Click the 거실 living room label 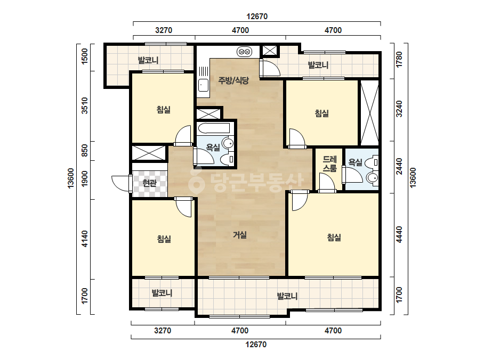(x=240, y=235)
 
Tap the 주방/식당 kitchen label (x=233, y=80)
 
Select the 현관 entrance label (x=149, y=183)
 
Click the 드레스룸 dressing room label (x=329, y=163)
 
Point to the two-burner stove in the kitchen (x=244, y=52)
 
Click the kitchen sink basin (x=203, y=85)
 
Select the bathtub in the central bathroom (x=214, y=128)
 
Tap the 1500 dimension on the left (x=84, y=57)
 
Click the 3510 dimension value (x=84, y=105)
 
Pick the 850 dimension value (x=84, y=151)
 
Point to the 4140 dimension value (x=84, y=239)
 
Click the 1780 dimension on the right (x=399, y=60)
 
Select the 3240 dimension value (x=399, y=109)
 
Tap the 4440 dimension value (x=399, y=234)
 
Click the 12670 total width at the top (x=257, y=17)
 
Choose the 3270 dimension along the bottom (x=163, y=331)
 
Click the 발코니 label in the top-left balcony (x=148, y=60)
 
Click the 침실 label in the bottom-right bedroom (x=334, y=238)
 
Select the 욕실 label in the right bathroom (x=355, y=162)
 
